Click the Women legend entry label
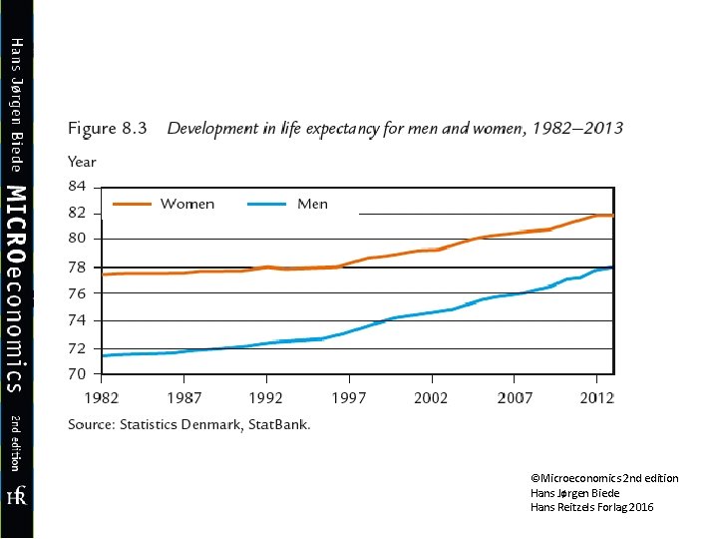(187, 204)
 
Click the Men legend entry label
(312, 204)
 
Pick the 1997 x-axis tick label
(349, 398)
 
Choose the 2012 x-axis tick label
(595, 398)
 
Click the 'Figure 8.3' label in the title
(108, 129)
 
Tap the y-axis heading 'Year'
(82, 162)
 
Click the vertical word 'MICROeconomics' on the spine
(16, 286)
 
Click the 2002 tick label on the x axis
(431, 398)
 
